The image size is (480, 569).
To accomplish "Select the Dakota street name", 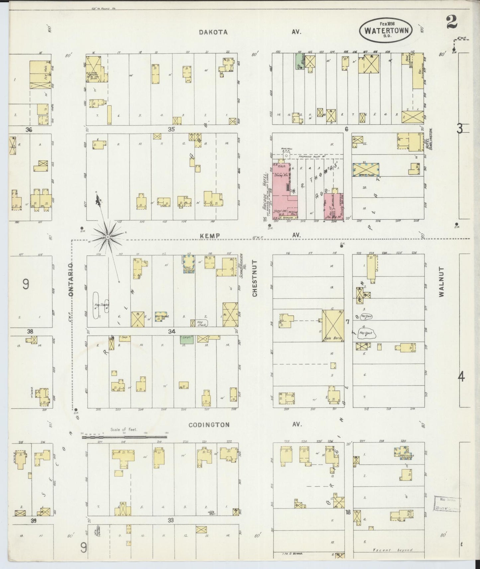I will [x=213, y=32].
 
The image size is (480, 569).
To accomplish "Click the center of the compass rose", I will [x=108, y=237].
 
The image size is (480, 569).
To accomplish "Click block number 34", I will [x=171, y=331].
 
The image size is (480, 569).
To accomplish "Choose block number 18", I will [x=348, y=521].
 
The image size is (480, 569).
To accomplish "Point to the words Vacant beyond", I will [x=392, y=550].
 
